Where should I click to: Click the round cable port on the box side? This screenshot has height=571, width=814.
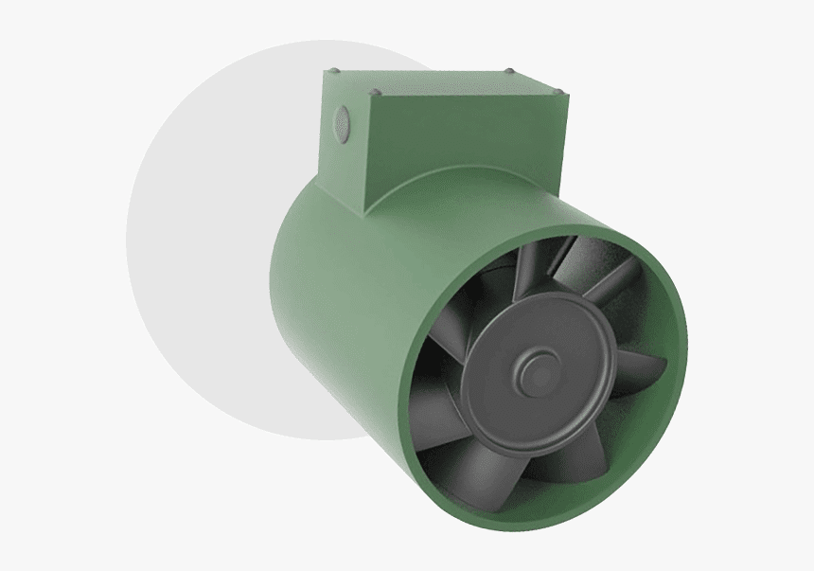[x=342, y=120]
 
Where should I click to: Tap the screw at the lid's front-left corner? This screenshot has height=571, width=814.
[x=376, y=93]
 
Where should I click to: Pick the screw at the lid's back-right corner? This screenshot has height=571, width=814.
[x=510, y=71]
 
